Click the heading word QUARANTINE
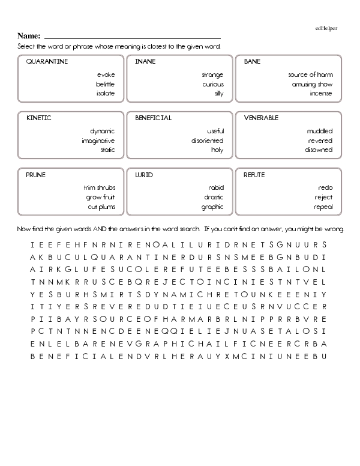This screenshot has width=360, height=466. click(47, 62)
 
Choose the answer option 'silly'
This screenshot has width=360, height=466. click(218, 94)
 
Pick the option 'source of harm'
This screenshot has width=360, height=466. click(310, 75)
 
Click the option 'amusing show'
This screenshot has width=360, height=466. click(312, 85)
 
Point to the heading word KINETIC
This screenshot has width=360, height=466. click(38, 118)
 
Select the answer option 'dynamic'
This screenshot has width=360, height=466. click(102, 132)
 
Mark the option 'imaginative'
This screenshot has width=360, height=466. click(98, 141)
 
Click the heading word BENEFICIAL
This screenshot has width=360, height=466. click(153, 118)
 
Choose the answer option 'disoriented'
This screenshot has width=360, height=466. click(208, 141)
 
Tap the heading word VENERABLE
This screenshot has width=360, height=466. click(261, 118)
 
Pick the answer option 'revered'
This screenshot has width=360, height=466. click(319, 141)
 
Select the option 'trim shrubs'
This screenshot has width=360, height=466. click(99, 188)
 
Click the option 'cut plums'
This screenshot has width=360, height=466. click(101, 207)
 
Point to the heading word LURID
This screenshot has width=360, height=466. click(144, 175)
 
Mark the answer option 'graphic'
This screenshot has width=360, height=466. click(212, 207)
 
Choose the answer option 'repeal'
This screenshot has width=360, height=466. click(323, 207)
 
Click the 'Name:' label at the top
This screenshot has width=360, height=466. click(29, 36)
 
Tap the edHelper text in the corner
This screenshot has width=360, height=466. click(326, 28)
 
